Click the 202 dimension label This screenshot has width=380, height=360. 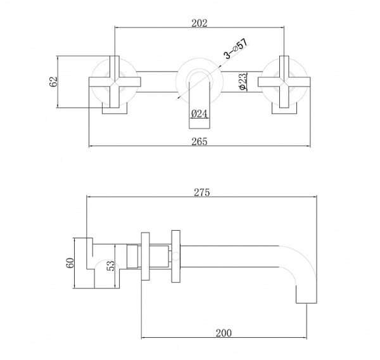tap(198, 22)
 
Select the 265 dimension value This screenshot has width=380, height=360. tap(198, 141)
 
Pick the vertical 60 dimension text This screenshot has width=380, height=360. tap(71, 262)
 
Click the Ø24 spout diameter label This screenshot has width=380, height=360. tap(199, 114)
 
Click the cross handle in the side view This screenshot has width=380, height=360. tap(144, 258)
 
